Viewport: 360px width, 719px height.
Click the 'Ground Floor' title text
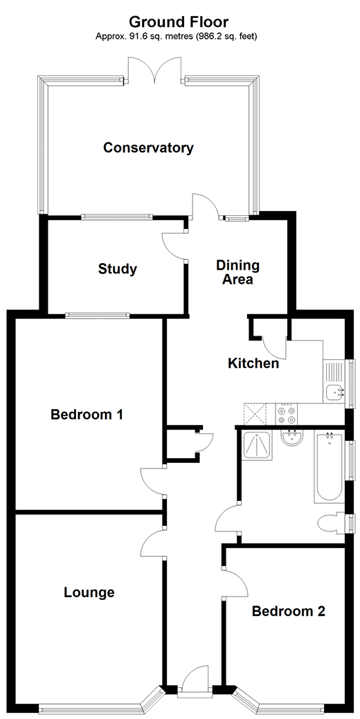pos(179,23)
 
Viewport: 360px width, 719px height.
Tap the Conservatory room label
pos(148,147)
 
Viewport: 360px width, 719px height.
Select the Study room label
pos(118,269)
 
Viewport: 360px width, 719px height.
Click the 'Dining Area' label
pos(237,273)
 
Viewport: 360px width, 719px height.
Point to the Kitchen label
pos(253,363)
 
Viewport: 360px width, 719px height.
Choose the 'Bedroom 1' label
pos(87,415)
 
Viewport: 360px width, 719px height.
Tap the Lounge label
pos(89,592)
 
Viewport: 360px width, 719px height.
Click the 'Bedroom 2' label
pos(288,611)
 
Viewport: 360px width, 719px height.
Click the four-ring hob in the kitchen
pos(287,414)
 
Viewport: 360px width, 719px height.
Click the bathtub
pos(328,467)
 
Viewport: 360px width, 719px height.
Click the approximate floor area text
pos(179,35)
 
